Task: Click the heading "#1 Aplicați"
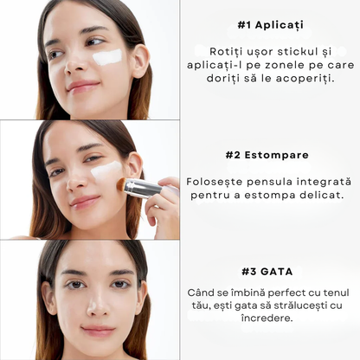270,24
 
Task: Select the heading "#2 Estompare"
270,156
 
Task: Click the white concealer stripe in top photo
107,58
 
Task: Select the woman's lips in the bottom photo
97,331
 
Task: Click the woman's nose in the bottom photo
97,303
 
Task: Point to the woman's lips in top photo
84,86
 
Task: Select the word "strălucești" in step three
303,305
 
